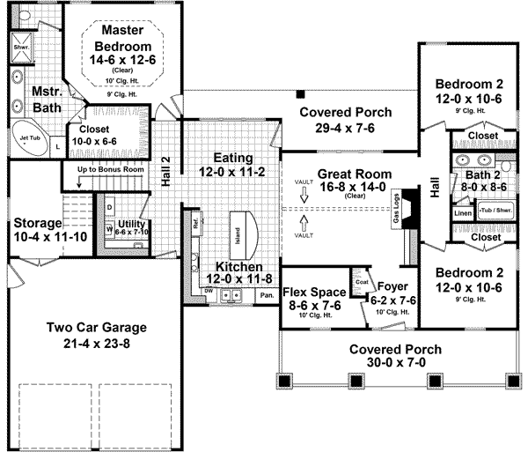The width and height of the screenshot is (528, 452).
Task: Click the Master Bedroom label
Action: pos(121,39)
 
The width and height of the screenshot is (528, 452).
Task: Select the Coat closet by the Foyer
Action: pos(360,283)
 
